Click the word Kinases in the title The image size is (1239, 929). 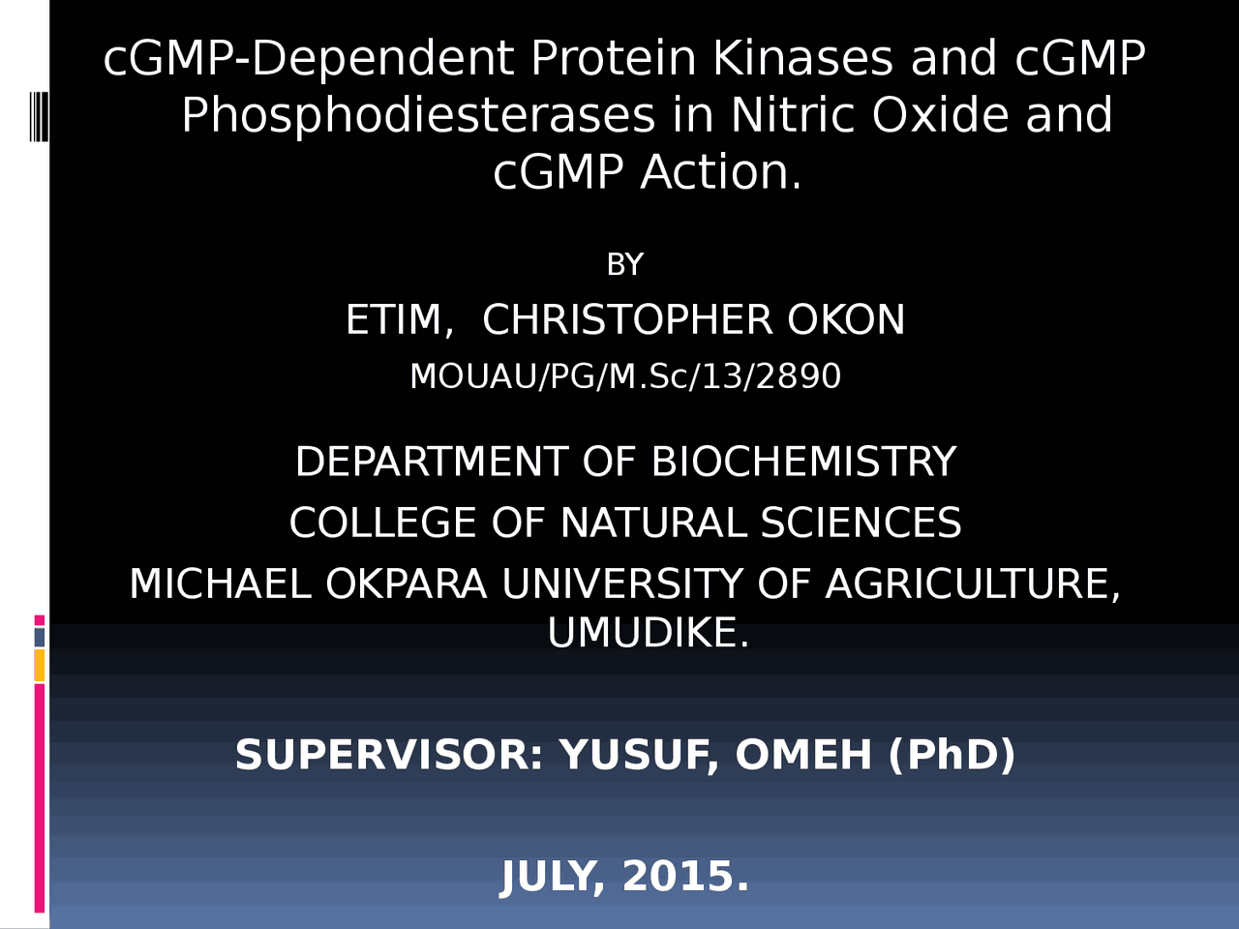802,59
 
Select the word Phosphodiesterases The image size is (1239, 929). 418,116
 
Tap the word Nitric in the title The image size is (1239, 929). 793,116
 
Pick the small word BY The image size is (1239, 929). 624,265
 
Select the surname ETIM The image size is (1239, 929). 398,320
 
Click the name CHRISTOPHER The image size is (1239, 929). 627,320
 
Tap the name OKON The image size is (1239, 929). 846,320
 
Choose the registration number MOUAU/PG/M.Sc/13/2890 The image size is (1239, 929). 625,376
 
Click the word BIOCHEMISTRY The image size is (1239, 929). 803,462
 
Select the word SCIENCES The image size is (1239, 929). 861,524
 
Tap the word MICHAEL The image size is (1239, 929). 220,584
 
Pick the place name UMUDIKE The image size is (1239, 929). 647,634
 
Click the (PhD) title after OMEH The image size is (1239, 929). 952,755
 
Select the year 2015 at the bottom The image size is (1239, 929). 684,877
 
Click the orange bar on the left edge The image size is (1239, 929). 39,665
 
